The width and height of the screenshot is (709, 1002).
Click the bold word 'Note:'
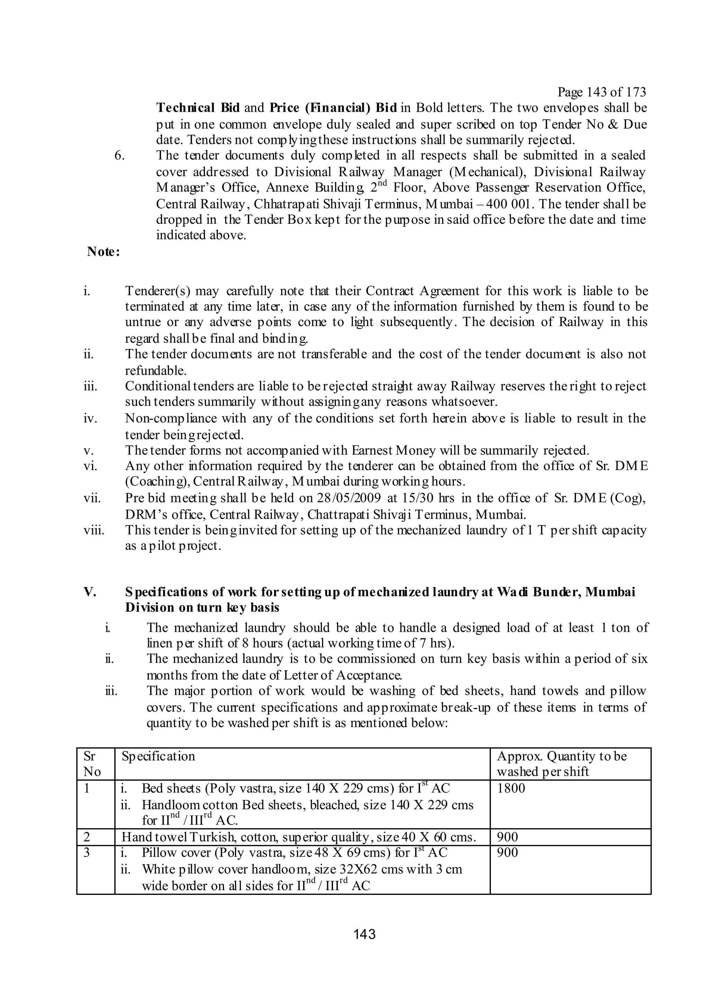104,252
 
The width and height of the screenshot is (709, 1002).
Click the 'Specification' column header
158,756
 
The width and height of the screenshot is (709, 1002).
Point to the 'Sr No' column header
92,764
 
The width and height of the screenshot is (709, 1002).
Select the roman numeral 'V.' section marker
90,592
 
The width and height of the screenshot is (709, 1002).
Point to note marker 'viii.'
94,531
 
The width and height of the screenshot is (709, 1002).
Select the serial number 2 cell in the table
87,837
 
